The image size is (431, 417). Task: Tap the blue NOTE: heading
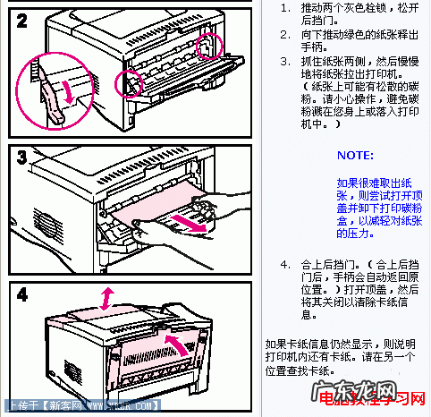[355, 155]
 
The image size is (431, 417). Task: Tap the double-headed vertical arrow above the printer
[107, 298]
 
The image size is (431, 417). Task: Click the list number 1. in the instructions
[284, 7]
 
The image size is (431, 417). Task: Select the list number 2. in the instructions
[284, 35]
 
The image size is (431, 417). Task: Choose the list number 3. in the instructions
[284, 62]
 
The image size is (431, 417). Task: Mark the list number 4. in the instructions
[284, 265]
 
